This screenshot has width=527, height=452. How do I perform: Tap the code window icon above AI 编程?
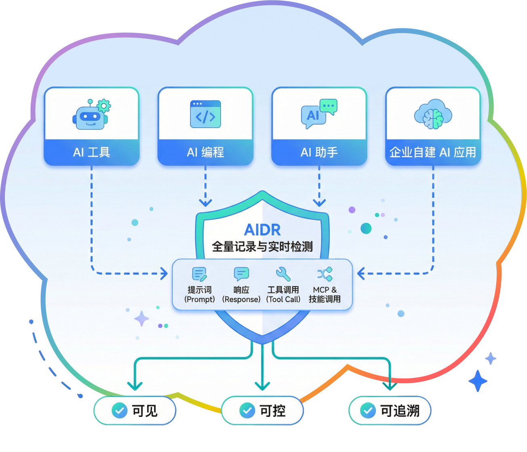click(x=205, y=114)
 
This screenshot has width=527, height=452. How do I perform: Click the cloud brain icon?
click(x=433, y=114)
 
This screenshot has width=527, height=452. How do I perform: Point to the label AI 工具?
click(x=91, y=152)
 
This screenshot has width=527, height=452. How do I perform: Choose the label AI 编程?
click(x=205, y=152)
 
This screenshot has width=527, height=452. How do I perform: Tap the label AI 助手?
click(x=319, y=152)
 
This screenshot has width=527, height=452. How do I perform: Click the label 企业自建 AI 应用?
click(x=433, y=152)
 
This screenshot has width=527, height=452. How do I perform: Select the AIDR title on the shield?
click(x=262, y=230)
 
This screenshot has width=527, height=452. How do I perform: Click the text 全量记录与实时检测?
click(x=262, y=246)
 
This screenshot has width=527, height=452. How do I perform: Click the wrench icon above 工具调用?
click(x=283, y=274)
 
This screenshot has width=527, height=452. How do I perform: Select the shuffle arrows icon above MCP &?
click(x=325, y=274)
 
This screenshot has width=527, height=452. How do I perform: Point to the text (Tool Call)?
click(x=283, y=300)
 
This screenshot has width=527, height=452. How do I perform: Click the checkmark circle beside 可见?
click(x=119, y=411)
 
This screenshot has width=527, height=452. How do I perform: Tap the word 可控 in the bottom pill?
click(x=273, y=411)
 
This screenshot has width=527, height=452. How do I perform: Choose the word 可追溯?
click(x=400, y=411)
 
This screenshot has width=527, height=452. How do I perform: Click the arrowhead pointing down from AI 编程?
click(x=205, y=202)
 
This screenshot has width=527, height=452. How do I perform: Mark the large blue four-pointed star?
click(x=478, y=381)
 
